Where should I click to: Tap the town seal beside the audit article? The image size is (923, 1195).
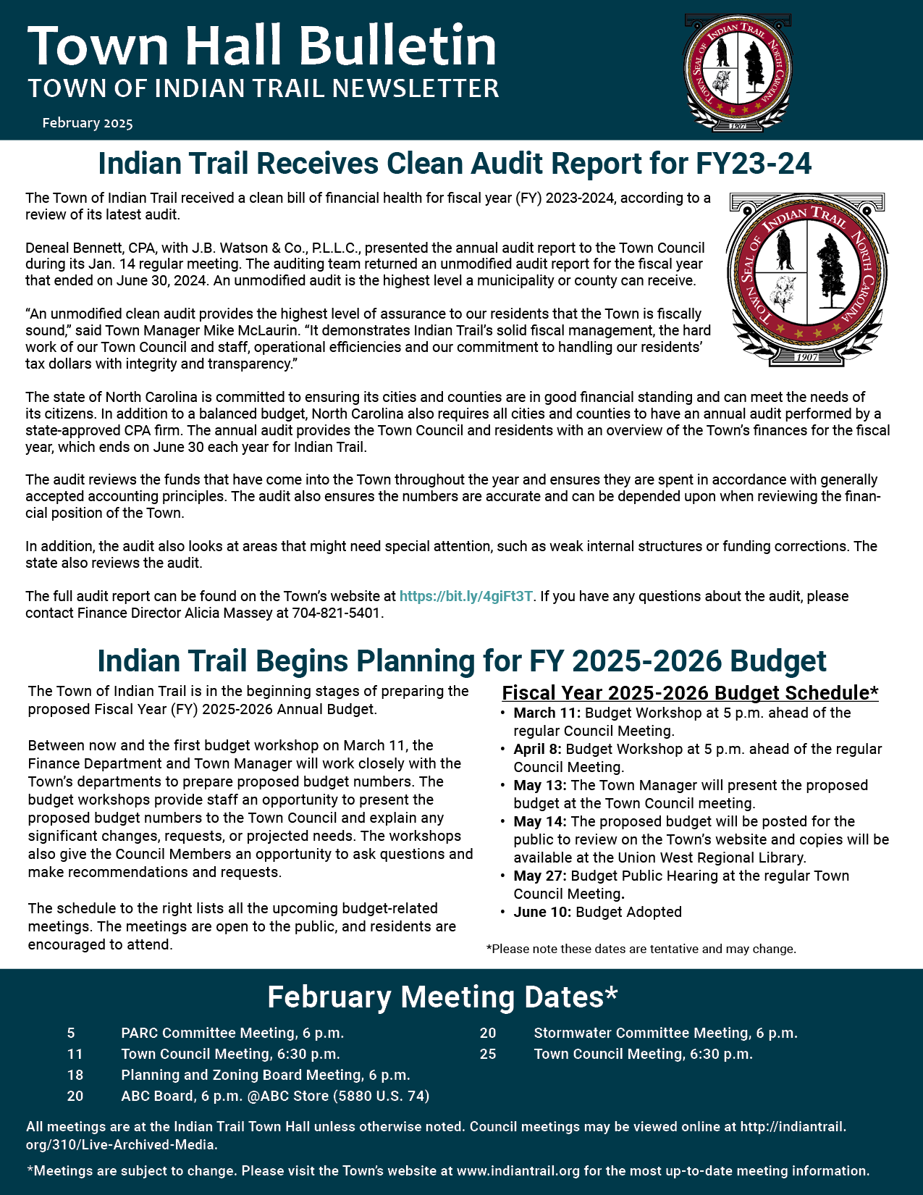pyautogui.click(x=807, y=279)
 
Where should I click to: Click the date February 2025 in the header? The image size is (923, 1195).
pyautogui.click(x=88, y=123)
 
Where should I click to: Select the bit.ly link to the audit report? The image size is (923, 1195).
pyautogui.click(x=465, y=597)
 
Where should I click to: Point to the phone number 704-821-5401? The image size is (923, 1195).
pyautogui.click(x=336, y=613)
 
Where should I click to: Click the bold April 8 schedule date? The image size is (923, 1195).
pyautogui.click(x=538, y=750)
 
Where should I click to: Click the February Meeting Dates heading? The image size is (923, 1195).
pyautogui.click(x=442, y=997)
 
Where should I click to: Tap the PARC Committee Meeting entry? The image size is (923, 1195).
pyautogui.click(x=232, y=1033)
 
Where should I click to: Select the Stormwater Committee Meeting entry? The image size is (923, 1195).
pyautogui.click(x=665, y=1033)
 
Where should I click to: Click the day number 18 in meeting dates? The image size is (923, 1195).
pyautogui.click(x=75, y=1075)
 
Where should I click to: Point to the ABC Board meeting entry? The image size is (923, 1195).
pyautogui.click(x=275, y=1097)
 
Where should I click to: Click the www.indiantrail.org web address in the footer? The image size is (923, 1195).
pyautogui.click(x=518, y=1171)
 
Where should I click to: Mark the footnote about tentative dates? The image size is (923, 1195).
pyautogui.click(x=641, y=949)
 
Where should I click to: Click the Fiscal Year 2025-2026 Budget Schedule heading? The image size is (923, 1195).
pyautogui.click(x=690, y=693)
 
